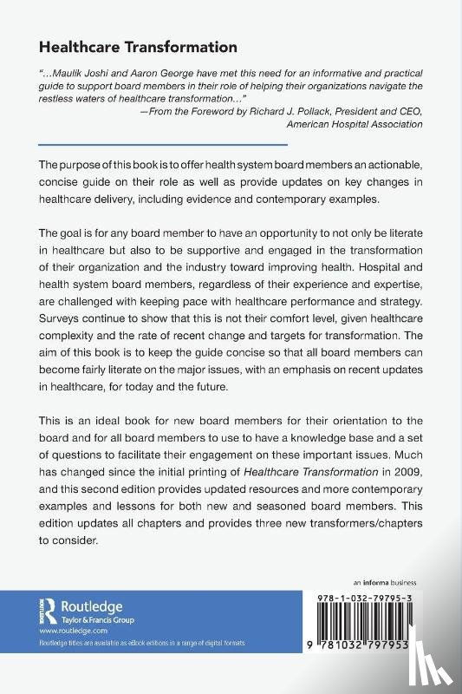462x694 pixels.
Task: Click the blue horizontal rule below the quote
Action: click(164, 145)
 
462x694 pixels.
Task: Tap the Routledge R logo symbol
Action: click(49, 611)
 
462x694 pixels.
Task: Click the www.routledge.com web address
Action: click(67, 632)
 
